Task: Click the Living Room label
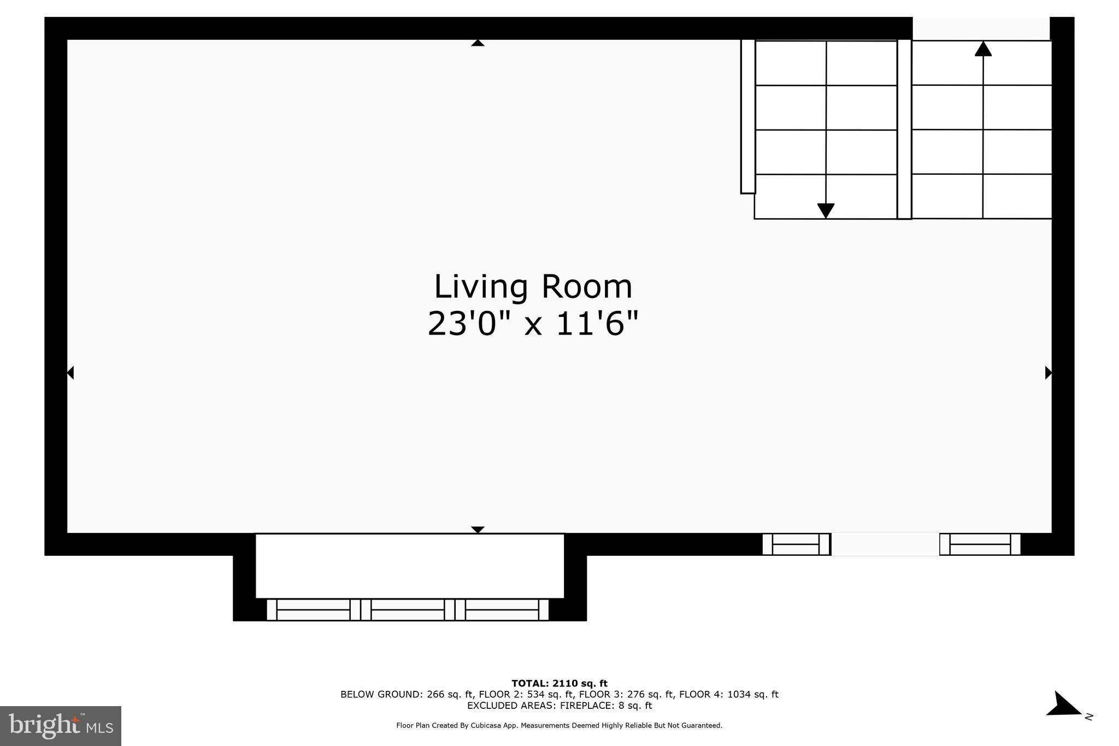(533, 287)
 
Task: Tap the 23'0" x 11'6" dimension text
(533, 324)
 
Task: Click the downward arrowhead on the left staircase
(826, 211)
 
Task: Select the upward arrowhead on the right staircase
(983, 49)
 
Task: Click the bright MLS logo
(61, 726)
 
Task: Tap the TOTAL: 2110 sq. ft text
(559, 683)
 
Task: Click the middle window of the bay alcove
(408, 610)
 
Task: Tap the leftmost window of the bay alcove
(314, 610)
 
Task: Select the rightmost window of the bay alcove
(502, 610)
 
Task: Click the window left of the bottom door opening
(796, 544)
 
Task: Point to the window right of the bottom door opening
(980, 544)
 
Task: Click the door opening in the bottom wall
(885, 544)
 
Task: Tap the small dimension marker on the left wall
(70, 373)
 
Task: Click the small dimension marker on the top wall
(478, 43)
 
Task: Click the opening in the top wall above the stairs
(981, 28)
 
